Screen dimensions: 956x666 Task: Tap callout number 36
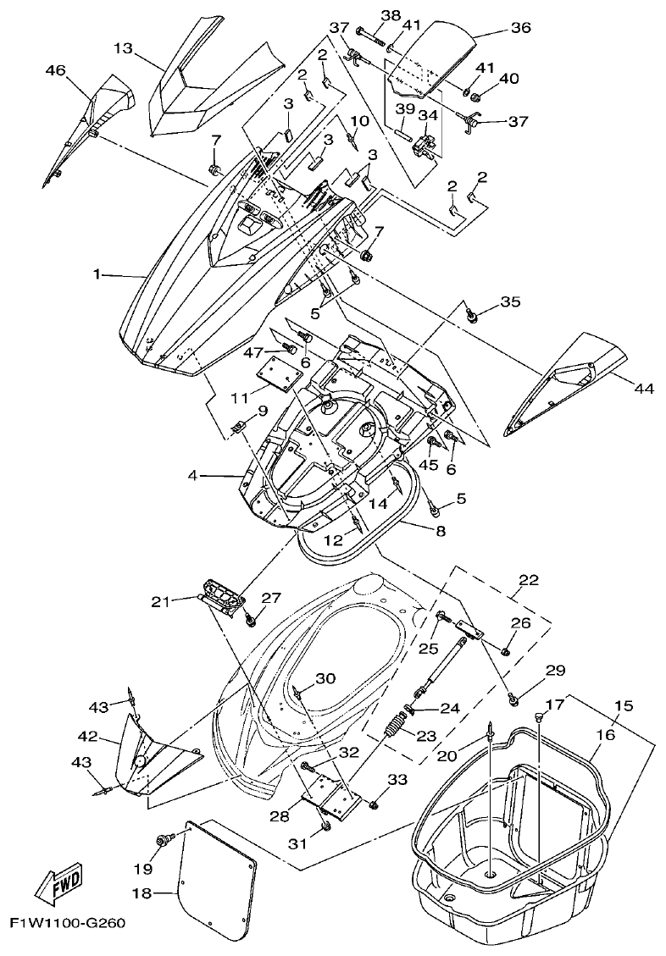(x=520, y=28)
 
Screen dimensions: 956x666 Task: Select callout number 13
(x=123, y=48)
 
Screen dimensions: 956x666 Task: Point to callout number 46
(x=55, y=71)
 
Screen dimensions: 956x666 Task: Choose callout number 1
(x=97, y=274)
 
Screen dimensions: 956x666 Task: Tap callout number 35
(x=510, y=301)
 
